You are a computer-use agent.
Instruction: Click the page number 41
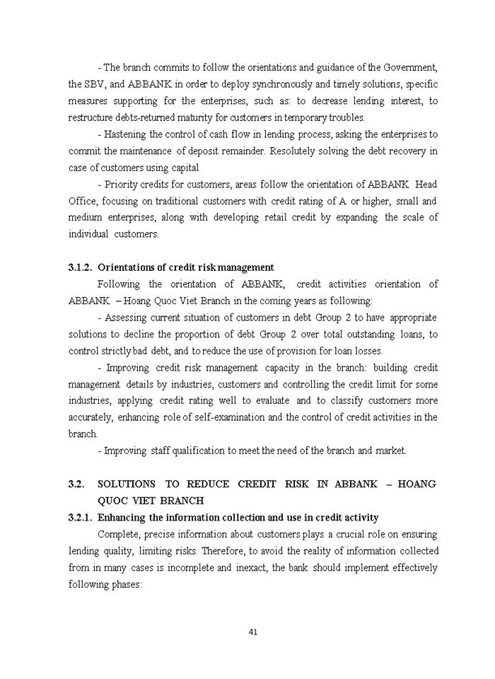tap(252, 632)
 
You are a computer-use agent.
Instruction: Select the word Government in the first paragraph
tap(411, 67)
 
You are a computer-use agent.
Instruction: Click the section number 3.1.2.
tap(80, 267)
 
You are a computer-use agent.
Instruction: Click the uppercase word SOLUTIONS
tap(127, 484)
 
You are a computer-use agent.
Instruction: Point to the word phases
tap(127, 584)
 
